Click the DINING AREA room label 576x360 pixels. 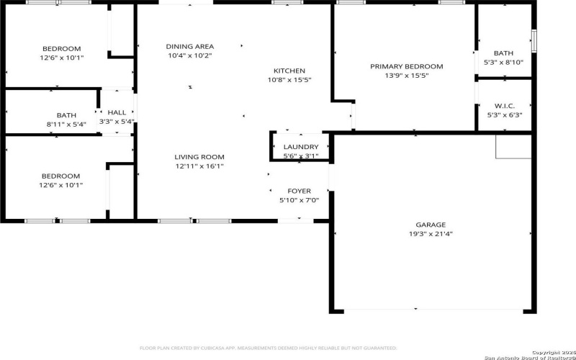(190, 46)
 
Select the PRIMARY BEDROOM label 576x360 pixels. (406, 66)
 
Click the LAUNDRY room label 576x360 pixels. (301, 147)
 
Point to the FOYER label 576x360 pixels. (299, 192)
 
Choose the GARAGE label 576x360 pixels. (431, 225)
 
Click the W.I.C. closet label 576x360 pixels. (504, 106)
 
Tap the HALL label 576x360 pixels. (117, 112)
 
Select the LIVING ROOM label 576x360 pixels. (199, 157)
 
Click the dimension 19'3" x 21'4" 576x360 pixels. (431, 233)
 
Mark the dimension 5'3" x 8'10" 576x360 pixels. (504, 62)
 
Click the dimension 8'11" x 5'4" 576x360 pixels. (66, 124)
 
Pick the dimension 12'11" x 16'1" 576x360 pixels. (199, 166)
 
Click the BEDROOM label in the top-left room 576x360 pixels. (60, 49)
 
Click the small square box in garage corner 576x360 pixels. (513, 145)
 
